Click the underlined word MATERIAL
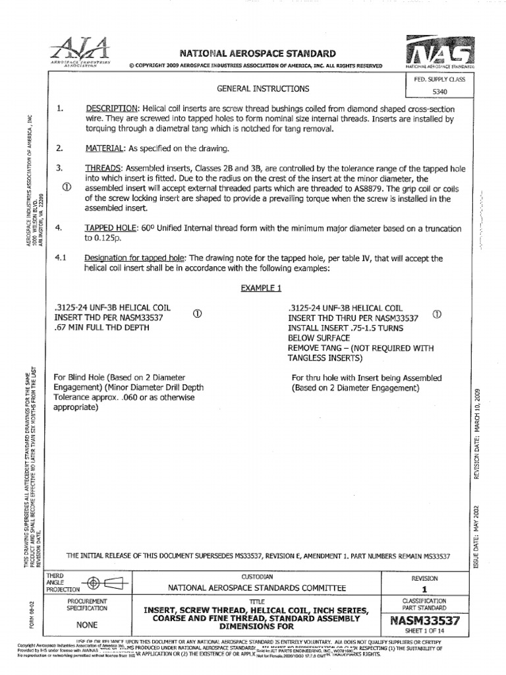[105, 148]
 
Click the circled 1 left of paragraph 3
[66, 187]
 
